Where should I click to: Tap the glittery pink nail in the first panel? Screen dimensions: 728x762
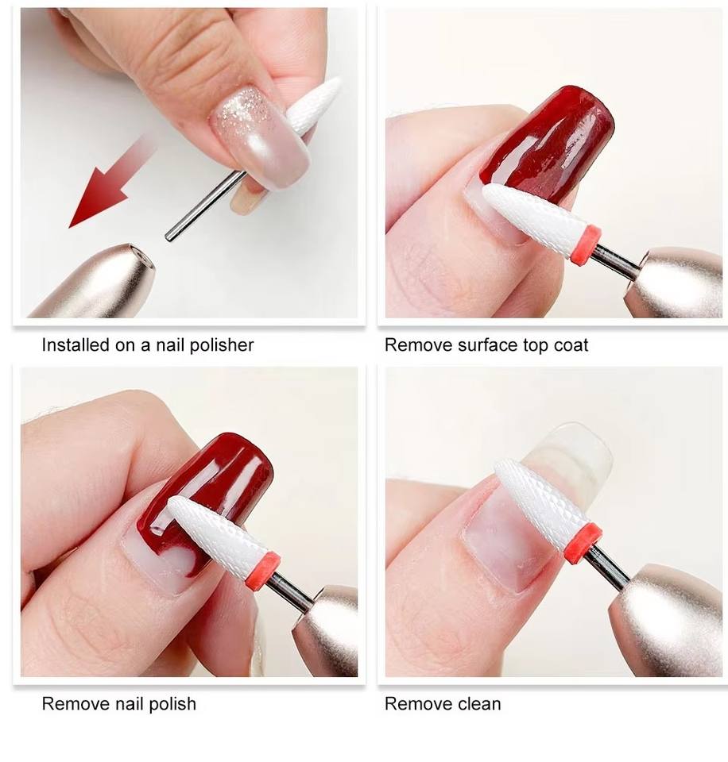tap(258, 137)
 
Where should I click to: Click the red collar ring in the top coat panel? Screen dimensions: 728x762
tap(585, 245)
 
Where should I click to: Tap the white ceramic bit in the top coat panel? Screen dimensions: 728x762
tap(532, 217)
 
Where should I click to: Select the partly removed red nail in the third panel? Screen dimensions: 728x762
tap(209, 501)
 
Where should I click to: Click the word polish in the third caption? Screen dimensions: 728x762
tap(172, 704)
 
